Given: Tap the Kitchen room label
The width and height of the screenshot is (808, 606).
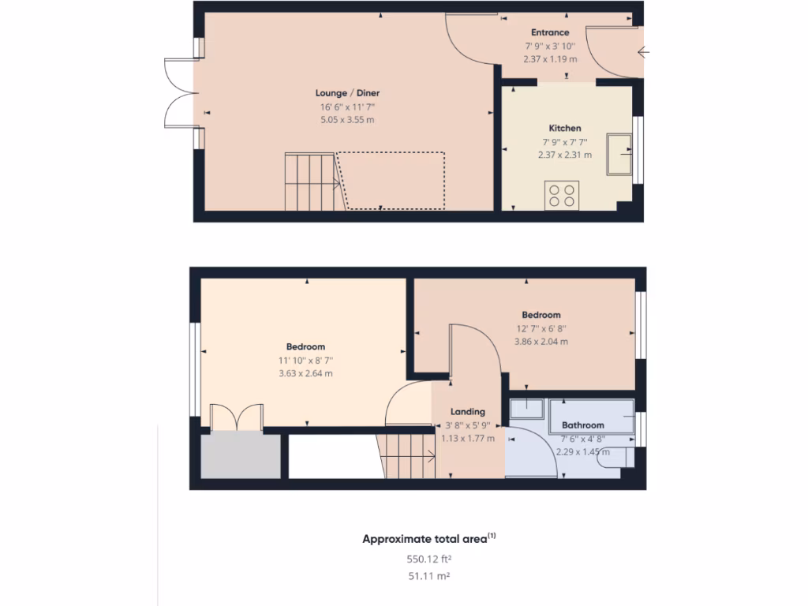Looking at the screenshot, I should pyautogui.click(x=565, y=128).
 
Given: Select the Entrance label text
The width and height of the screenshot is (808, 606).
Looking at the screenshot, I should pyautogui.click(x=550, y=32).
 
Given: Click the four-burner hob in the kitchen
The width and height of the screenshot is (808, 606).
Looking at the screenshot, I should pyautogui.click(x=562, y=195).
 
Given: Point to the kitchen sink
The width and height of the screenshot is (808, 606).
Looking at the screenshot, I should pyautogui.click(x=619, y=154).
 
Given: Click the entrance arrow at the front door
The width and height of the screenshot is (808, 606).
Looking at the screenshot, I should pyautogui.click(x=643, y=54).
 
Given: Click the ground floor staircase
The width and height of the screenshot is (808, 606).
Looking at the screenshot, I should pyautogui.click(x=311, y=182).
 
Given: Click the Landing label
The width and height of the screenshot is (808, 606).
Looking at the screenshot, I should pyautogui.click(x=468, y=411).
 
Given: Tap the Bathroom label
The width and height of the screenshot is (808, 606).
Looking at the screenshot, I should pyautogui.click(x=583, y=425).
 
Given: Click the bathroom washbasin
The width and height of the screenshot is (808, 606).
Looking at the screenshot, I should pyautogui.click(x=526, y=410).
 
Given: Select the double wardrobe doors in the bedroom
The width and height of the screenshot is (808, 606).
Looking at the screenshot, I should pyautogui.click(x=236, y=417).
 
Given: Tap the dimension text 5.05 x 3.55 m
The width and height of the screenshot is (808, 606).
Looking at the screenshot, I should pyautogui.click(x=346, y=120).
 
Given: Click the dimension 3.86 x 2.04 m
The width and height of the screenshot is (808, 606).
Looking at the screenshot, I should pyautogui.click(x=541, y=342).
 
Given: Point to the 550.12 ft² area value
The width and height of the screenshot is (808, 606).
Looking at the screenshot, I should pyautogui.click(x=429, y=559).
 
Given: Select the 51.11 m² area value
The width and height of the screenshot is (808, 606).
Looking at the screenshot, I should pyautogui.click(x=429, y=577).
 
